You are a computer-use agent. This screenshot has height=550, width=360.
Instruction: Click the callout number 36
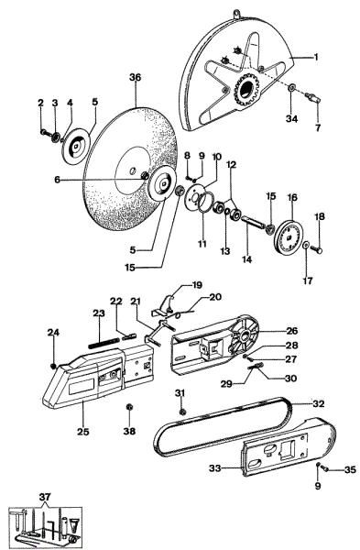point(135,78)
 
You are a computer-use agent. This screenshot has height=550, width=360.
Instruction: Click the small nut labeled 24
point(56,366)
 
